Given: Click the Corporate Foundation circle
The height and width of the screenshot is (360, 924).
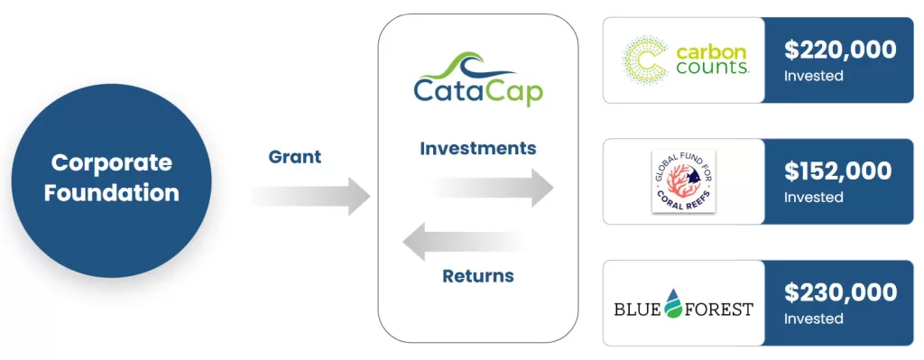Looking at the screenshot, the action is [111, 180].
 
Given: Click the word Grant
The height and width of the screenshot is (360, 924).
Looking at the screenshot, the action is [295, 157].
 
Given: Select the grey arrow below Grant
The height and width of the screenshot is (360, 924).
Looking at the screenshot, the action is [311, 196].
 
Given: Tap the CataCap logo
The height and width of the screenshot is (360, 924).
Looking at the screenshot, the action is [478, 79].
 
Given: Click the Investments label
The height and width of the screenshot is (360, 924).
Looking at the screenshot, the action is [478, 148].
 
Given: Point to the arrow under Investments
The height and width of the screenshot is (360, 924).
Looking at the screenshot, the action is [494, 188].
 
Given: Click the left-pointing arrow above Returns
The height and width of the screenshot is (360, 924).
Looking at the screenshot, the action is [463, 242].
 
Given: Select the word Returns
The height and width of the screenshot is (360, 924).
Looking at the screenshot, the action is [478, 276].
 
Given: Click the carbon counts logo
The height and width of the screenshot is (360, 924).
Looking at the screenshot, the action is [686, 60].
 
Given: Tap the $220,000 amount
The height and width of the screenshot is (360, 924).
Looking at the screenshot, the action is [840, 51].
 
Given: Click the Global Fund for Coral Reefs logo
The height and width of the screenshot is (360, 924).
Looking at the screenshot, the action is [684, 181].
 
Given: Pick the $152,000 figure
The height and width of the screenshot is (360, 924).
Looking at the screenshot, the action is [837, 171].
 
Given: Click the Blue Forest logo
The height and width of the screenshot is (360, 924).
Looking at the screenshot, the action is [684, 303].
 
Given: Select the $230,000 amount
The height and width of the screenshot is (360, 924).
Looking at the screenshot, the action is [840, 293].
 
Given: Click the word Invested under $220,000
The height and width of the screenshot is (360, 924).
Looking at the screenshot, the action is [813, 76].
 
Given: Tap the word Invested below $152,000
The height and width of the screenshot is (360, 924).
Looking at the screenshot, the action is [813, 197].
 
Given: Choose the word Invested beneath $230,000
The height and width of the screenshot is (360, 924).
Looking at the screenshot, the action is [813, 318].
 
